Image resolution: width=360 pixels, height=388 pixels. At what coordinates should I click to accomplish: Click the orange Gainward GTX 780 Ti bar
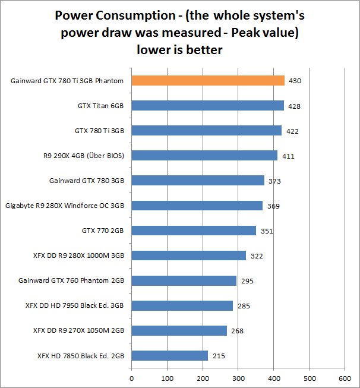[208, 81]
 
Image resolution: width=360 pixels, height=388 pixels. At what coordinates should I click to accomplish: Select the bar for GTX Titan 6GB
[207, 106]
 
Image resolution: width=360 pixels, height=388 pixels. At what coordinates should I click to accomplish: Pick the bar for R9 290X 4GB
[204, 156]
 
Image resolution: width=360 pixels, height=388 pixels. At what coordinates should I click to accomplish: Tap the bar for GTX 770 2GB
[194, 231]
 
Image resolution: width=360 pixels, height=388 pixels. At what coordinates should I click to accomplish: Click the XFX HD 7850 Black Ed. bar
[169, 355]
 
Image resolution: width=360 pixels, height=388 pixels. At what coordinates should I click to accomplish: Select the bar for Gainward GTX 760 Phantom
[184, 280]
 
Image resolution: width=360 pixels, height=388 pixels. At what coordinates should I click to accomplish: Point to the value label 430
[295, 81]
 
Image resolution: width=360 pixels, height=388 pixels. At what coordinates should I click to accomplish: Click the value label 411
[288, 156]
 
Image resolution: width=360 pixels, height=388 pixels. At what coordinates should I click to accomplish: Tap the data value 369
[273, 206]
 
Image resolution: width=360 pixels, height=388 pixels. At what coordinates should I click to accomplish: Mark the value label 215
[218, 356]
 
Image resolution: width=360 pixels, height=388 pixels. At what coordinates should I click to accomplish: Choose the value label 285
[243, 306]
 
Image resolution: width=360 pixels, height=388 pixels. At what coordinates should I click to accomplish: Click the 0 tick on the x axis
[131, 377]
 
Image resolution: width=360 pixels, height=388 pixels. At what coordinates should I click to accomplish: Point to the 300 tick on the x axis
[238, 377]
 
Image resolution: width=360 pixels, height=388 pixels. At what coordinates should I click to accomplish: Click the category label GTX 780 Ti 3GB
[99, 131]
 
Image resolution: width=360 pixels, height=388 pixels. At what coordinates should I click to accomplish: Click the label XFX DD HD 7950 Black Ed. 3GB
[78, 305]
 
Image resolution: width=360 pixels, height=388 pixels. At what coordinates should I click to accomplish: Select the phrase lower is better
[179, 50]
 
